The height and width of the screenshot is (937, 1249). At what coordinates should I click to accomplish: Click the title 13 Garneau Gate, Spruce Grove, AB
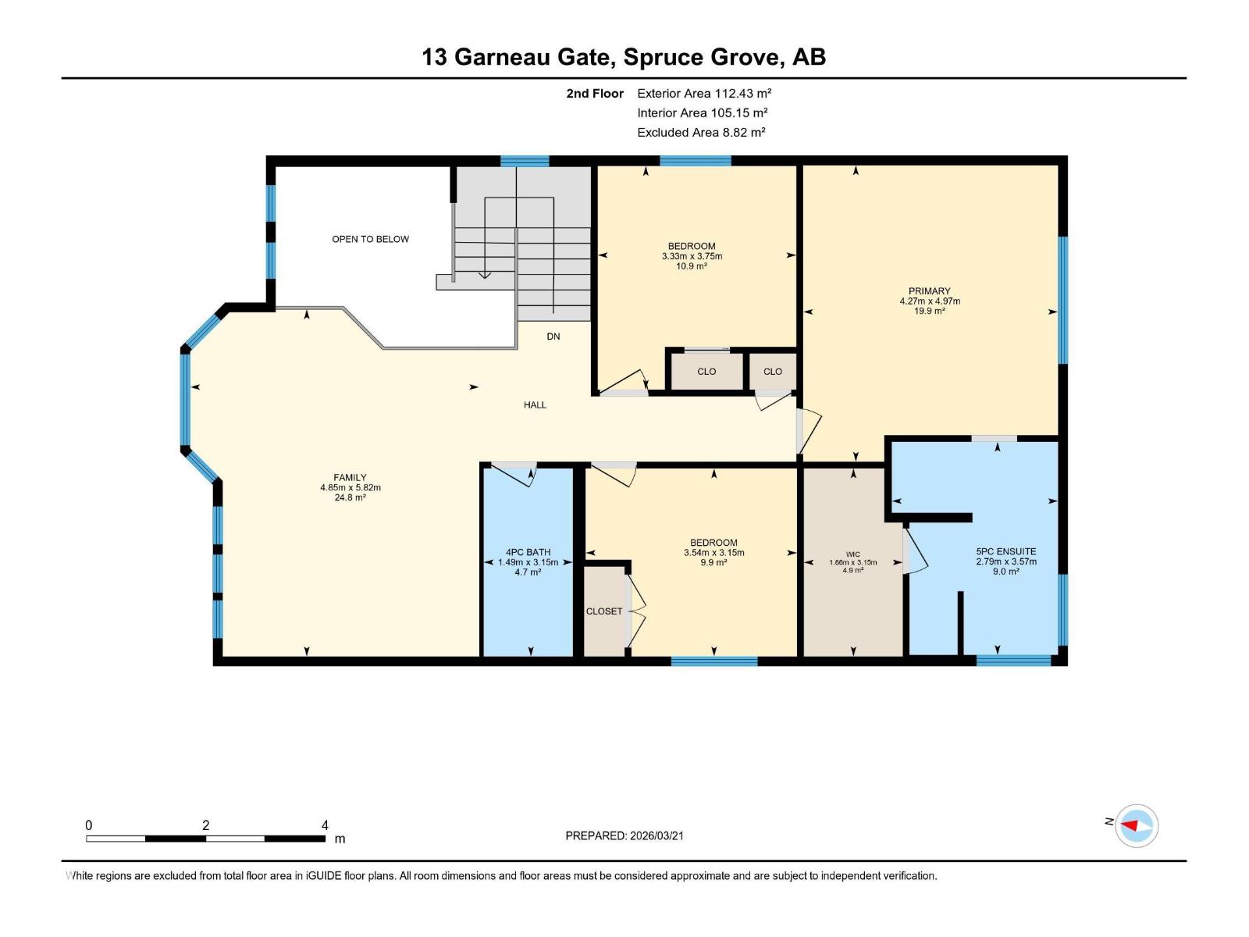624,57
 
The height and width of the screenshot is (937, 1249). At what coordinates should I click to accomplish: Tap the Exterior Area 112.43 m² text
704,93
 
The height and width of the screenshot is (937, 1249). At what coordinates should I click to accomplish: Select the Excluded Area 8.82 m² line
701,132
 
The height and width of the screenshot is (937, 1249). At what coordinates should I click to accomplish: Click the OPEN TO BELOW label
370,239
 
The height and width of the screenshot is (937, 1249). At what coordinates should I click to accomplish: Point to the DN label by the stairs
553,337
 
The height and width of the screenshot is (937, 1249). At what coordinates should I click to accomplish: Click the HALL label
535,404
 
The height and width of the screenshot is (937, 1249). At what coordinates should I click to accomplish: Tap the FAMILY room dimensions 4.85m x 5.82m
350,487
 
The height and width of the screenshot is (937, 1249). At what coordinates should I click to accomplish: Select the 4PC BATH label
528,552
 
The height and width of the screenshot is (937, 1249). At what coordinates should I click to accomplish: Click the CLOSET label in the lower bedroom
604,611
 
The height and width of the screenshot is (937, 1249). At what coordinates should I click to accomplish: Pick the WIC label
852,554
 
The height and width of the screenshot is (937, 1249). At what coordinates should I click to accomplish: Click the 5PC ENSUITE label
1006,551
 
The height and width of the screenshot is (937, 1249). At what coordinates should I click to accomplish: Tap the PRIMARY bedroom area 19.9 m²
929,311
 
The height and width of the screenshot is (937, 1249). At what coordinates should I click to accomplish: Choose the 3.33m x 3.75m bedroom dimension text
692,256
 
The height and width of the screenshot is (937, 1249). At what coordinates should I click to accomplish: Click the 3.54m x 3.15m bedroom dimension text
713,553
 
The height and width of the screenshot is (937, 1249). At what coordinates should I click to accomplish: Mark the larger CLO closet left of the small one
706,372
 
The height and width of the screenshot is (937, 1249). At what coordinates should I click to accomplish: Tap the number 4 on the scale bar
325,825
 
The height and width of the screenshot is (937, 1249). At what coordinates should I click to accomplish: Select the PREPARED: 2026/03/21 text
624,835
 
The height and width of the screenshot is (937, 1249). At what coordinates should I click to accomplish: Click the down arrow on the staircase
485,273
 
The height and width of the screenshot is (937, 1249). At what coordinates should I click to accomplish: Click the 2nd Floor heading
595,93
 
